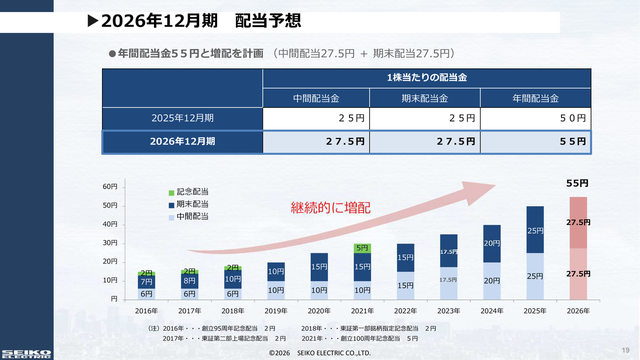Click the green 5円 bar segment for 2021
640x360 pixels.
click(x=362, y=248)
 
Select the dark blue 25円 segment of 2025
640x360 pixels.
click(x=534, y=230)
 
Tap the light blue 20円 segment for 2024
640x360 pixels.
click(x=491, y=281)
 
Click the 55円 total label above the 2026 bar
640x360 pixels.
click(x=577, y=183)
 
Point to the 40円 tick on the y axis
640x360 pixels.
click(x=110, y=224)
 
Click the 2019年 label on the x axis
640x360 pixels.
click(x=275, y=311)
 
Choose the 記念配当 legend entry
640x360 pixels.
click(x=188, y=192)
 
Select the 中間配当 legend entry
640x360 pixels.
click(x=188, y=216)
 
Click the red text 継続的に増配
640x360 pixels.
click(x=330, y=207)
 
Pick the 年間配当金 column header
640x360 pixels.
click(x=535, y=98)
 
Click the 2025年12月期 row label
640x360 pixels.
click(x=182, y=118)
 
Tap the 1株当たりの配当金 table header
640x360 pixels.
click(x=426, y=78)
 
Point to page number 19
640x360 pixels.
click(x=625, y=349)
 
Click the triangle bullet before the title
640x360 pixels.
click(x=92, y=21)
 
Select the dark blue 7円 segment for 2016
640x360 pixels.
click(x=146, y=282)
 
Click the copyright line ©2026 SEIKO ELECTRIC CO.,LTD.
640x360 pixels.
click(x=319, y=353)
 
